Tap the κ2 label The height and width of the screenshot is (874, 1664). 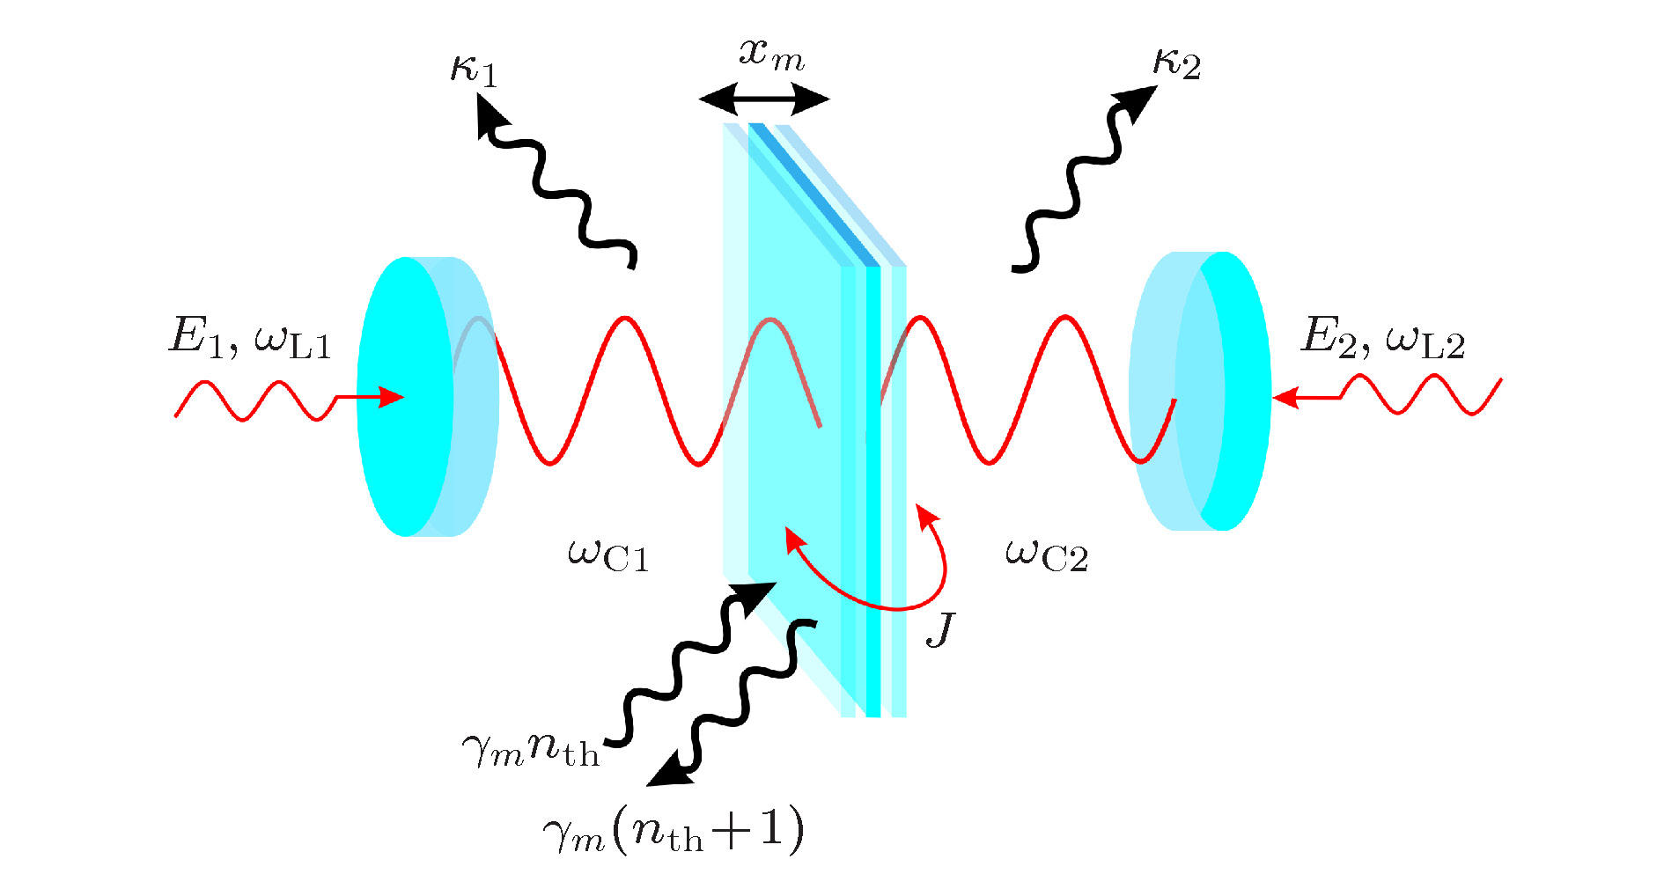(x=1176, y=63)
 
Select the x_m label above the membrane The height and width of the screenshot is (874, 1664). (x=771, y=55)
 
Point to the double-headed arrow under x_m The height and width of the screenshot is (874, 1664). (x=764, y=99)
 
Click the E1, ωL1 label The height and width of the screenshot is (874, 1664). (x=250, y=338)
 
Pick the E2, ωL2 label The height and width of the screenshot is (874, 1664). (x=1383, y=338)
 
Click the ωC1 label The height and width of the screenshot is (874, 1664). (x=608, y=555)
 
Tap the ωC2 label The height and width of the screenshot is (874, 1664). (x=1047, y=555)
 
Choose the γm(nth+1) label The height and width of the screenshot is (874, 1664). (x=674, y=831)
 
